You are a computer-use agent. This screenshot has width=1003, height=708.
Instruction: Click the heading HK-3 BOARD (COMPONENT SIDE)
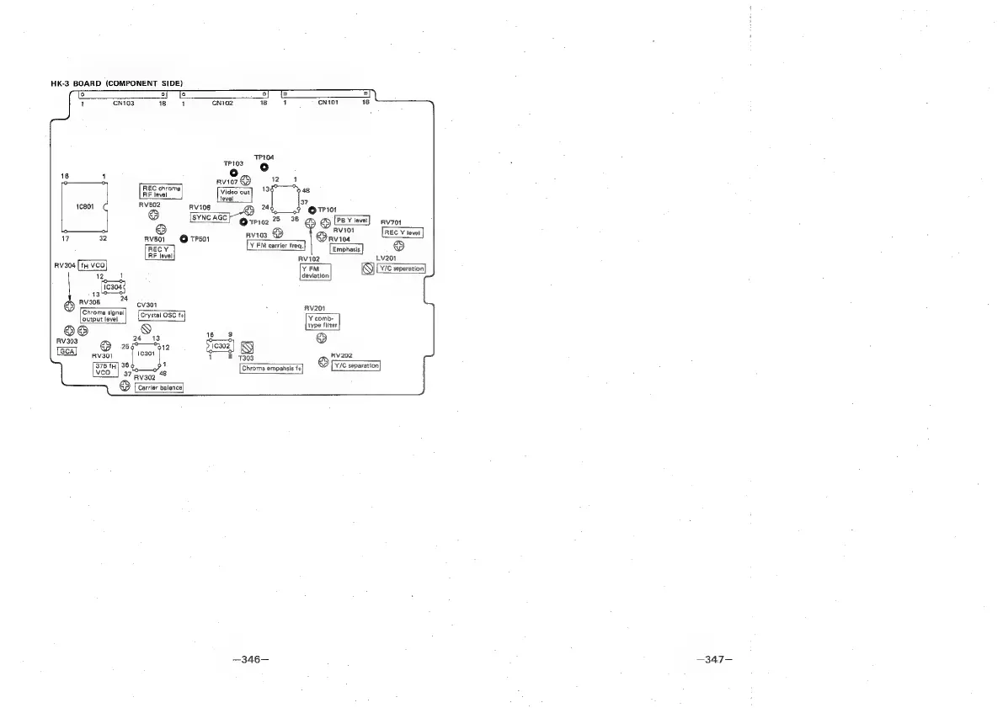click(x=117, y=83)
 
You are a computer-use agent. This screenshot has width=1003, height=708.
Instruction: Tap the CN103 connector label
click(x=122, y=103)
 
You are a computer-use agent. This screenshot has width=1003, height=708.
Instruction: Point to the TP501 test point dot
click(x=184, y=239)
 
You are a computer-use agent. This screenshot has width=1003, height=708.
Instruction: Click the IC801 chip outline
click(x=83, y=207)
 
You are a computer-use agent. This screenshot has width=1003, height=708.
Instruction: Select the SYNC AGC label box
click(x=210, y=216)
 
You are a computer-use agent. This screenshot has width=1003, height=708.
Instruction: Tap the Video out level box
click(x=235, y=195)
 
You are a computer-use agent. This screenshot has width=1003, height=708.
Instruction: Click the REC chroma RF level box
click(x=160, y=191)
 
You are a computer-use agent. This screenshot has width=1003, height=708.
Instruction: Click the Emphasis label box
click(x=346, y=249)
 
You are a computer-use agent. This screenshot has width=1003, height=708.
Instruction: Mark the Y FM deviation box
click(x=315, y=272)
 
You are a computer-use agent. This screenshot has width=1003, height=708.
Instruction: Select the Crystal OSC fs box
click(x=161, y=315)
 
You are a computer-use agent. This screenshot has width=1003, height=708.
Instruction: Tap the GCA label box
click(x=67, y=351)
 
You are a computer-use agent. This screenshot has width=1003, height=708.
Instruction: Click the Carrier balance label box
click(x=158, y=388)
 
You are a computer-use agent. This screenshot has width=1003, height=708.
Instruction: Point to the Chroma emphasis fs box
click(x=271, y=369)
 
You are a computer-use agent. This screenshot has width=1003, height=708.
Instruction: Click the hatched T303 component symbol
click(x=248, y=349)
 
